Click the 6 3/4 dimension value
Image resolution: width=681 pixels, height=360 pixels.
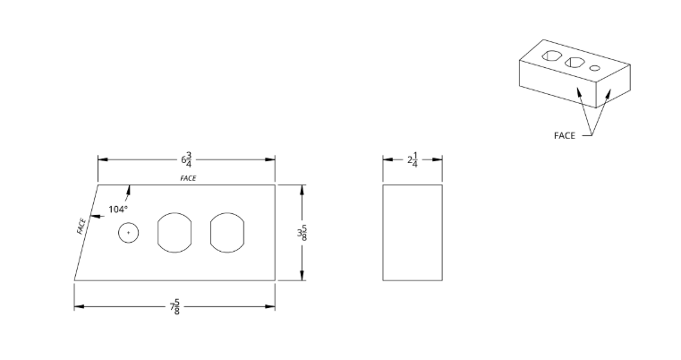185,159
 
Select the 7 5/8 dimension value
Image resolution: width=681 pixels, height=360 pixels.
176,307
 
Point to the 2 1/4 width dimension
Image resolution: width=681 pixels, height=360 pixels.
413,159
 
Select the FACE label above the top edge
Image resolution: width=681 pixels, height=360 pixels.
188,178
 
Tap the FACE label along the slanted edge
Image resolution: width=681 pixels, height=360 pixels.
81,226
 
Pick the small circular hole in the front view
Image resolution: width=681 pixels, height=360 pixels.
129,233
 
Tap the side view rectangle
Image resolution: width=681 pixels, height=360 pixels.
413,233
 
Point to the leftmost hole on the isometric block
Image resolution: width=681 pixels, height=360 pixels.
552,57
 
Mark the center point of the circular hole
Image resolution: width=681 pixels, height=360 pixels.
129,233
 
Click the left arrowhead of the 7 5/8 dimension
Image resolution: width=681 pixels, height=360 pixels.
78,307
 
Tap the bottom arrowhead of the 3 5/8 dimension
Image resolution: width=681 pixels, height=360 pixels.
302,276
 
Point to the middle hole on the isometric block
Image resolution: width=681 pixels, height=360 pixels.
575,62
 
